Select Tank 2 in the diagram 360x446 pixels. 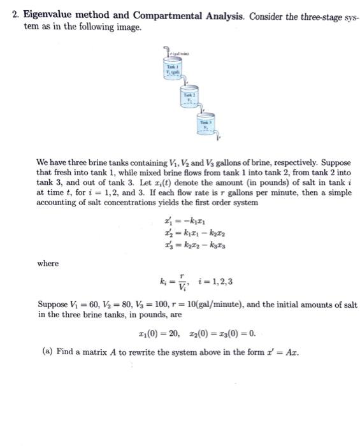coord(189,99)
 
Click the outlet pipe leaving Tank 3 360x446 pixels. coord(217,137)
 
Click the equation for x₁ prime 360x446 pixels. coord(184,222)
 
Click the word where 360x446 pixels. coord(48,264)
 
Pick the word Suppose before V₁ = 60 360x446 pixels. coord(54,305)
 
